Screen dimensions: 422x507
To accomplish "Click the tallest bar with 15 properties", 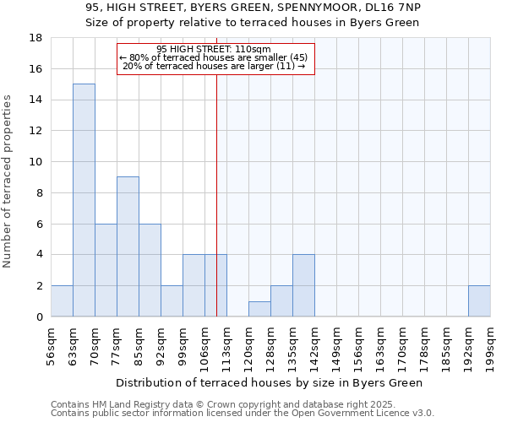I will tap(84, 200).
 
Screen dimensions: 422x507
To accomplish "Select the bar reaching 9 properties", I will tap(128, 246).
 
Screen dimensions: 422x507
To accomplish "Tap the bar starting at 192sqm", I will tap(479, 301).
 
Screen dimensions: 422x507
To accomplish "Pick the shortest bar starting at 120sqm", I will tap(259, 309).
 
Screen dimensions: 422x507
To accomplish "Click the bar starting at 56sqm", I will tap(62, 301).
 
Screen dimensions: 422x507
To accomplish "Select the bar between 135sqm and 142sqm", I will tap(303, 285).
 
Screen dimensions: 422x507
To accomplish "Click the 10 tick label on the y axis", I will tap(36, 162).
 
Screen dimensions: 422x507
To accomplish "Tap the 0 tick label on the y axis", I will tap(39, 317).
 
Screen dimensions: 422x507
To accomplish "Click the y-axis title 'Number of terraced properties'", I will tap(8, 181).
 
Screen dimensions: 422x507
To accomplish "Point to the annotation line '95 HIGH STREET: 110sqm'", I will tap(214, 50).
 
